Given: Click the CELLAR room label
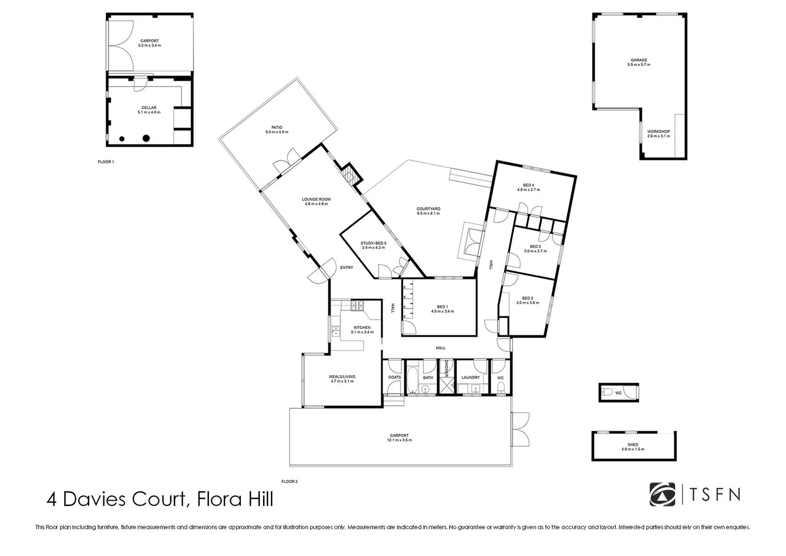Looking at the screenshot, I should pyautogui.click(x=149, y=108).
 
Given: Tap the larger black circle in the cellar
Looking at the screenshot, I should pyautogui.click(x=146, y=138).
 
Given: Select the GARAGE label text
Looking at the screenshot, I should pyautogui.click(x=639, y=60).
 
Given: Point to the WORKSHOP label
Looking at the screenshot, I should pyautogui.click(x=658, y=132).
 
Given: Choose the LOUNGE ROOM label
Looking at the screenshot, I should pyautogui.click(x=316, y=199).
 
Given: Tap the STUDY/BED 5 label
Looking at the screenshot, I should pyautogui.click(x=373, y=243).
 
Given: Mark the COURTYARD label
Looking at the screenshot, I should pyautogui.click(x=428, y=209).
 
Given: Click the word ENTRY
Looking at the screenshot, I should pyautogui.click(x=347, y=267).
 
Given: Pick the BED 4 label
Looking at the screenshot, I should pyautogui.click(x=529, y=185).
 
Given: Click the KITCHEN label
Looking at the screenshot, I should pyautogui.click(x=362, y=328).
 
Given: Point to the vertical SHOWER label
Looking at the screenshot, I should pyautogui.click(x=446, y=368).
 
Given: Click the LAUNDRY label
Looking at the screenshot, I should pyautogui.click(x=470, y=377).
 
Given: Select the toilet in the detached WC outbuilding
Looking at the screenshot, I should pyautogui.click(x=606, y=393).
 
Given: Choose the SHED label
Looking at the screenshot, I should pyautogui.click(x=633, y=445).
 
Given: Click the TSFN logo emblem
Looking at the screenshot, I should pyautogui.click(x=662, y=494).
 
